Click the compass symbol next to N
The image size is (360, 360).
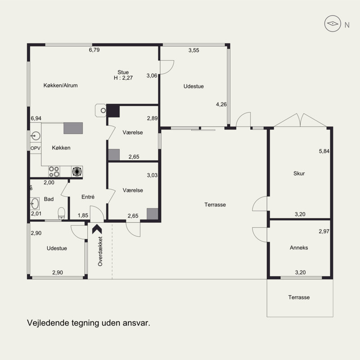click(333, 23)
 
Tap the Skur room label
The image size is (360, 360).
click(299, 173)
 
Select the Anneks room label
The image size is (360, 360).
click(299, 247)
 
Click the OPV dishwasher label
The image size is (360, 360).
click(36, 148)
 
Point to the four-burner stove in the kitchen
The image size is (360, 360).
click(54, 171)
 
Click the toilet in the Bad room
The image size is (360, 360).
click(61, 213)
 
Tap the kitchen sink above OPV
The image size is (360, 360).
click(36, 136)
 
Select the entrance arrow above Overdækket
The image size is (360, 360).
click(97, 229)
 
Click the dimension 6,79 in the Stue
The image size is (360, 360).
click(94, 50)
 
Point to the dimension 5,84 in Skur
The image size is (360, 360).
click(324, 151)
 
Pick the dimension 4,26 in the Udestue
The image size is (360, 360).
click(221, 104)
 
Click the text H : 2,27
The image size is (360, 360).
click(123, 78)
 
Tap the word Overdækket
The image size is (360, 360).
click(100, 252)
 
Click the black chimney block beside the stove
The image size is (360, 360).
click(113, 111)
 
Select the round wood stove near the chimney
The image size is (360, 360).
click(101, 110)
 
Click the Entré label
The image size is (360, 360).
click(88, 197)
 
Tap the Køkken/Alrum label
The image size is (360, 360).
click(61, 85)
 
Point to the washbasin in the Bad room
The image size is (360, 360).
click(35, 203)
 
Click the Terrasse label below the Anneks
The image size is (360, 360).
click(299, 297)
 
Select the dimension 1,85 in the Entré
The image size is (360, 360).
click(83, 216)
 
